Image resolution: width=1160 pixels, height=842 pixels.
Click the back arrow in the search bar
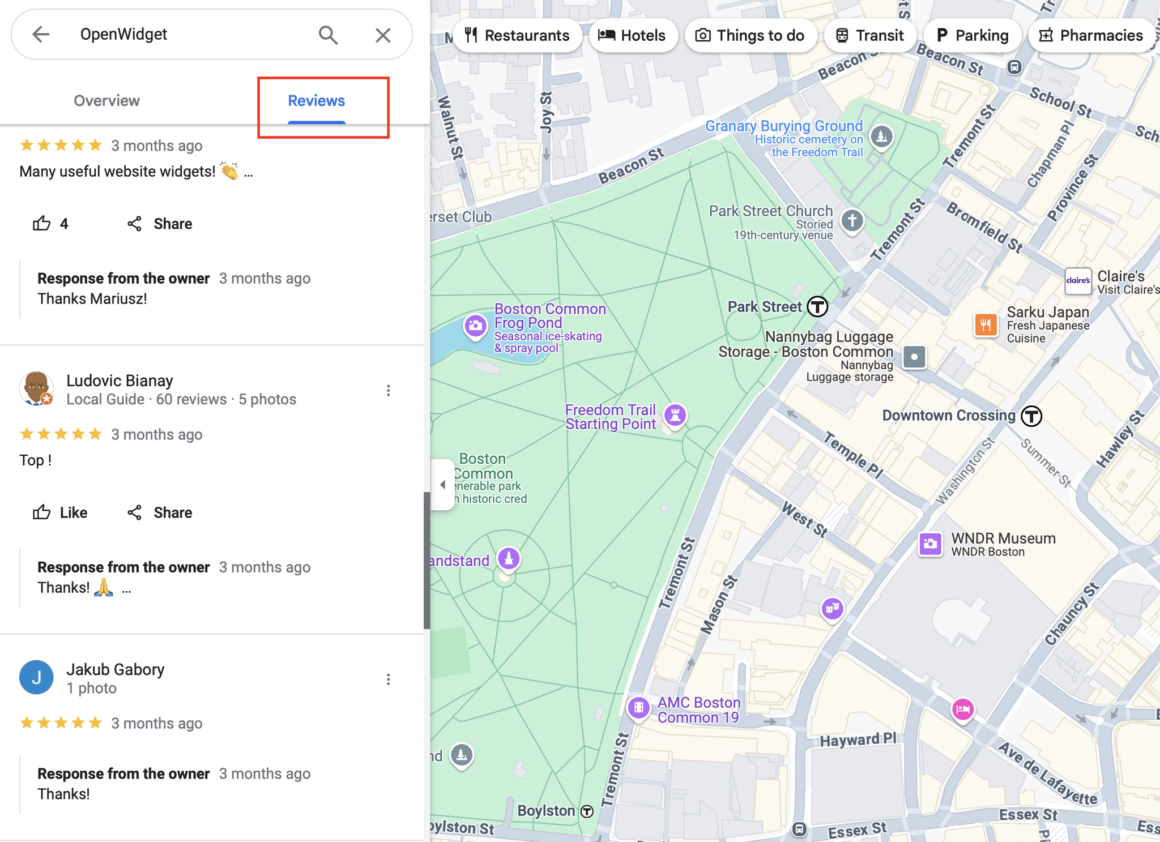[x=41, y=35]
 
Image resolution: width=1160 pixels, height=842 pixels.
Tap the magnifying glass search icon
[x=328, y=35]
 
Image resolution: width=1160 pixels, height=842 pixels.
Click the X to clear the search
[x=383, y=35]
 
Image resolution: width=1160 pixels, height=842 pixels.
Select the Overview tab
[x=106, y=101]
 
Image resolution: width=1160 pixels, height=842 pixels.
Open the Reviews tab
[x=316, y=101]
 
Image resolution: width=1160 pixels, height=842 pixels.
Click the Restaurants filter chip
[x=517, y=35]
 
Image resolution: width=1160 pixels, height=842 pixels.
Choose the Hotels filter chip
[x=633, y=35]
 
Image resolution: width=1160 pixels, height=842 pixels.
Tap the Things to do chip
[x=750, y=35]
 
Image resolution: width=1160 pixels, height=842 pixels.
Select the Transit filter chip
[x=869, y=35]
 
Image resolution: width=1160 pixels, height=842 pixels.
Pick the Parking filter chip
[x=973, y=35]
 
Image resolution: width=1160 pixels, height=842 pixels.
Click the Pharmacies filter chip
[x=1091, y=35]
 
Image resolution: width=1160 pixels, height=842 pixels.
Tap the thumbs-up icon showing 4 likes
[x=42, y=224]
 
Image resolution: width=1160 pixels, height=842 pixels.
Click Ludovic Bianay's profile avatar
[x=36, y=388]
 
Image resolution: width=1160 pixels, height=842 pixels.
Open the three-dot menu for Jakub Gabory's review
[x=388, y=679]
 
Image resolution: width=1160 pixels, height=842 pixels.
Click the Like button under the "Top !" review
[x=60, y=512]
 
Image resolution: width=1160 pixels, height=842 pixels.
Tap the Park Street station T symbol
[x=817, y=306]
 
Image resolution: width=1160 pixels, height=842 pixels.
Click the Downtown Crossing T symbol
[x=1031, y=416]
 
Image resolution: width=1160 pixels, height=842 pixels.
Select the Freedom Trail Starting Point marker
[x=675, y=414]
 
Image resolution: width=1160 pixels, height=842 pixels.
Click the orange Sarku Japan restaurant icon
[x=986, y=324]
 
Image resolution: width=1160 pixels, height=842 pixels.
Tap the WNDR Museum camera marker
[x=929, y=544]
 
